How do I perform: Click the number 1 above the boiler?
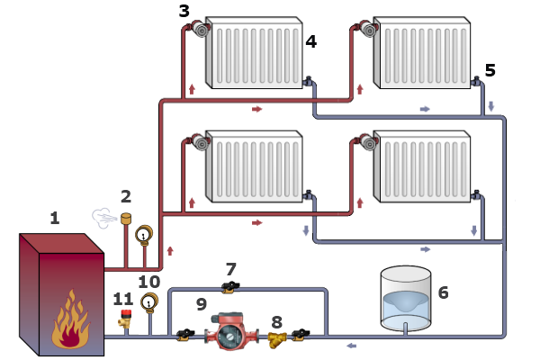[x=55, y=218]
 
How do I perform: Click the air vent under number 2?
[x=125, y=219]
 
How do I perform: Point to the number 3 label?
[x=184, y=12]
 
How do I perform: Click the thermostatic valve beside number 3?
[x=199, y=30]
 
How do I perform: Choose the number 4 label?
[x=310, y=41]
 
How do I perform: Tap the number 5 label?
[x=490, y=69]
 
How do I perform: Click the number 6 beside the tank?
[x=442, y=292]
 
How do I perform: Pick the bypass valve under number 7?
[x=230, y=287]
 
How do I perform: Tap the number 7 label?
[x=231, y=269]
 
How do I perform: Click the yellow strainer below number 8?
[x=276, y=339]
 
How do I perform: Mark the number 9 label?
[x=201, y=305]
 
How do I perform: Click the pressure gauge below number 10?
[x=149, y=301]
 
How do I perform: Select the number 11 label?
[x=123, y=299]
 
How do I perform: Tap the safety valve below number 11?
[x=126, y=319]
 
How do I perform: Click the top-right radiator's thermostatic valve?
[x=366, y=30]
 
